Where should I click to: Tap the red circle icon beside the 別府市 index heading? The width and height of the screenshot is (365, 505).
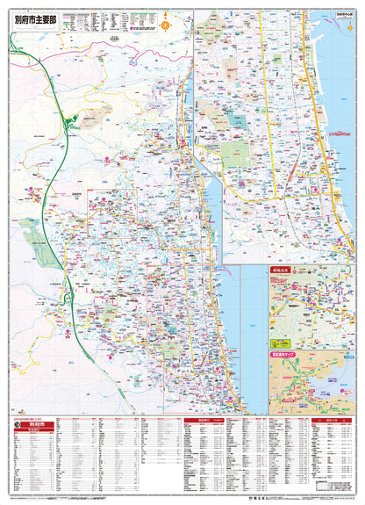pos(17,427)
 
